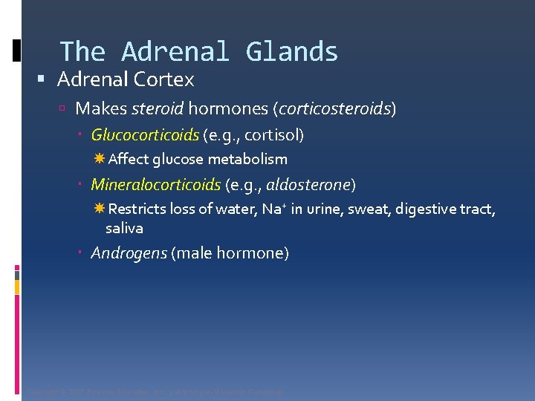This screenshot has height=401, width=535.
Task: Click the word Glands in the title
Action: click(292, 52)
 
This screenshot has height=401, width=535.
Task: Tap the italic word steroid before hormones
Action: click(158, 109)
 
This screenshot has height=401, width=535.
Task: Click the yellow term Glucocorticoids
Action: click(145, 135)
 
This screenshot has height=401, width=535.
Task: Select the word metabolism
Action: click(247, 160)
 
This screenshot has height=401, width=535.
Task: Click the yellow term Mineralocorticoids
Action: click(155, 184)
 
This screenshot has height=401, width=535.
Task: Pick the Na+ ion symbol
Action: click(271, 209)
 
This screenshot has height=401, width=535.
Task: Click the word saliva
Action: click(124, 228)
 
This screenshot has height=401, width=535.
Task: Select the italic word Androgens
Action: click(129, 253)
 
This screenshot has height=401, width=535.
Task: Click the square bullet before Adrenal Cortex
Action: click(48, 79)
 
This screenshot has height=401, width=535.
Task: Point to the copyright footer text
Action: click(155, 391)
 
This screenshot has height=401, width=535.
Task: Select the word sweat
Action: click(370, 209)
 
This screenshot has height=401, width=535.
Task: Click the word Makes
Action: click(101, 109)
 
